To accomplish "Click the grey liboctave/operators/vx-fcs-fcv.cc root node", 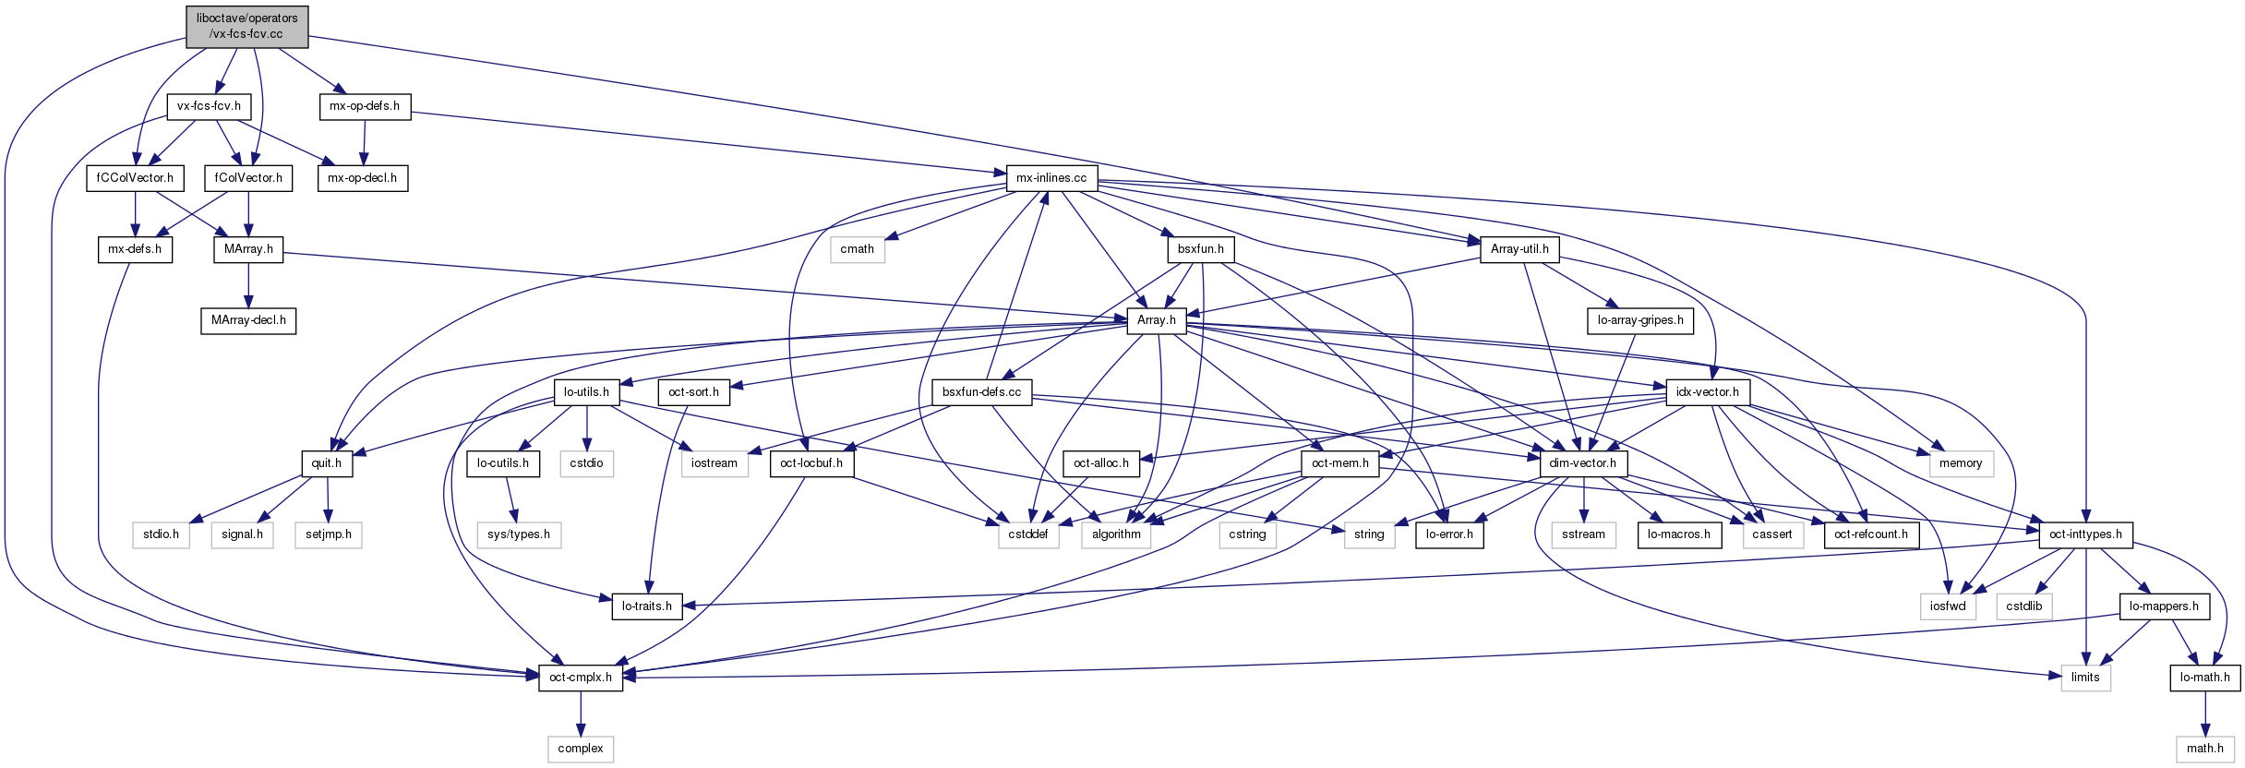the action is (x=246, y=26).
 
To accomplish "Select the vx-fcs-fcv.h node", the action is (x=209, y=106).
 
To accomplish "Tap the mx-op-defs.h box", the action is (x=365, y=106).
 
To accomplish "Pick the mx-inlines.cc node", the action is (x=1051, y=177).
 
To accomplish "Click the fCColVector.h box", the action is (x=135, y=177).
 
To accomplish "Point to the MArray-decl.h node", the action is (x=248, y=320).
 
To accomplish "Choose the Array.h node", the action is (x=1156, y=320).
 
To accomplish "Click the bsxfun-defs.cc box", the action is (x=981, y=391).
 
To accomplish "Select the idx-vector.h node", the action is (x=1707, y=391).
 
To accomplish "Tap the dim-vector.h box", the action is (x=1582, y=463).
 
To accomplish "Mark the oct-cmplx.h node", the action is (x=581, y=677).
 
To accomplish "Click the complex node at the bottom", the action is (x=581, y=749).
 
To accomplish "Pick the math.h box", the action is (x=2205, y=749).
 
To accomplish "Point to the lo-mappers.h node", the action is (x=2164, y=606).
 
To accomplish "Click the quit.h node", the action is (x=327, y=463).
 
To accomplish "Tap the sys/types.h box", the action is (x=519, y=534).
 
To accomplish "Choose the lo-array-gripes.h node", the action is (x=1639, y=320).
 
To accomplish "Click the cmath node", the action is (x=857, y=248).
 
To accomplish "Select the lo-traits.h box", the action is (x=647, y=606).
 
